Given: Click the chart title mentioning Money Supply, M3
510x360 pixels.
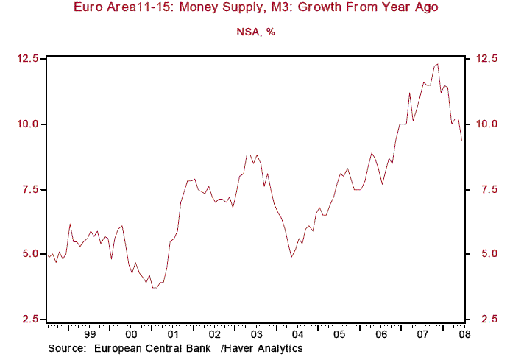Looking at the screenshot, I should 255,9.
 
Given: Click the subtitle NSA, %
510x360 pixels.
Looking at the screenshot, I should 255,32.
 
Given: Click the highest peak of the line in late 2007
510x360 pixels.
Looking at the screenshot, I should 438,64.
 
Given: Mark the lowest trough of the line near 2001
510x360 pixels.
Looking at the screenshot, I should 155,288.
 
